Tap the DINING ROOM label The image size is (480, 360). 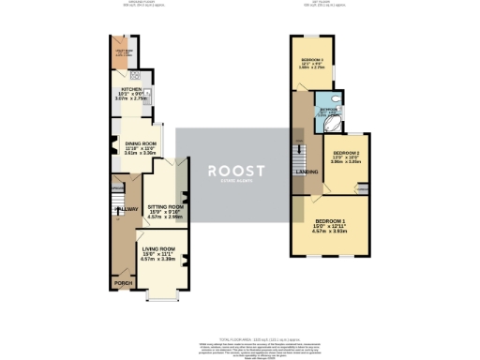pos(140,142)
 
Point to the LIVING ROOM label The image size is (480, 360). pos(157,248)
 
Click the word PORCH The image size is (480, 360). pos(122,282)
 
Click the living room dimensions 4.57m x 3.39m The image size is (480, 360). pos(157,259)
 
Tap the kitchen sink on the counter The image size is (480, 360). pos(135,76)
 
